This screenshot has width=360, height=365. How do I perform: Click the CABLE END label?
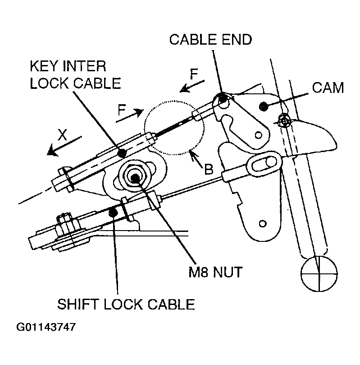tap(210, 39)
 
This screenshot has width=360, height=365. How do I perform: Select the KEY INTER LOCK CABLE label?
tap(75, 74)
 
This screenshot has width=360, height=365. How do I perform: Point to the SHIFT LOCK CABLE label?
tap(126, 304)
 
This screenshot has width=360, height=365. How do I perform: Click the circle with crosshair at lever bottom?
tap(319, 274)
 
